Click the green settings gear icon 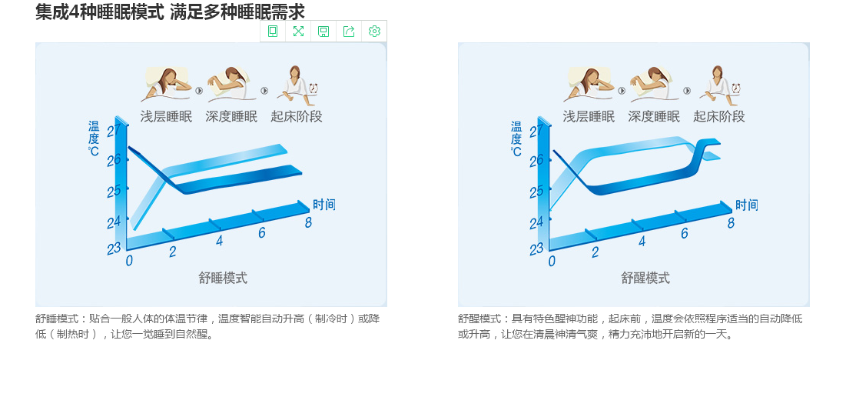point(374,32)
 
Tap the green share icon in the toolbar point(349,32)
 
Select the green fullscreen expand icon point(298,32)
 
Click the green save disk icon point(323,32)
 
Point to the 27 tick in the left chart point(113,131)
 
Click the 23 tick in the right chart point(536,249)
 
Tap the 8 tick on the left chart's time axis point(308,222)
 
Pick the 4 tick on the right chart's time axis point(642,241)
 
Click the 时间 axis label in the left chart point(323,205)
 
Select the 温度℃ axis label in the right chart point(516,138)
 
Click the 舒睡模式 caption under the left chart point(223,278)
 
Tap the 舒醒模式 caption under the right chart point(645,278)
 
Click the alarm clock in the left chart point(314,88)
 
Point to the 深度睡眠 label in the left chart point(231,116)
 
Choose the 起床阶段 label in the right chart point(719,116)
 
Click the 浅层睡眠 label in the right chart point(589,116)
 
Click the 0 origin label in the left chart point(129,260)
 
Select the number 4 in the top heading point(75,12)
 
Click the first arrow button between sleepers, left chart point(199,91)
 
